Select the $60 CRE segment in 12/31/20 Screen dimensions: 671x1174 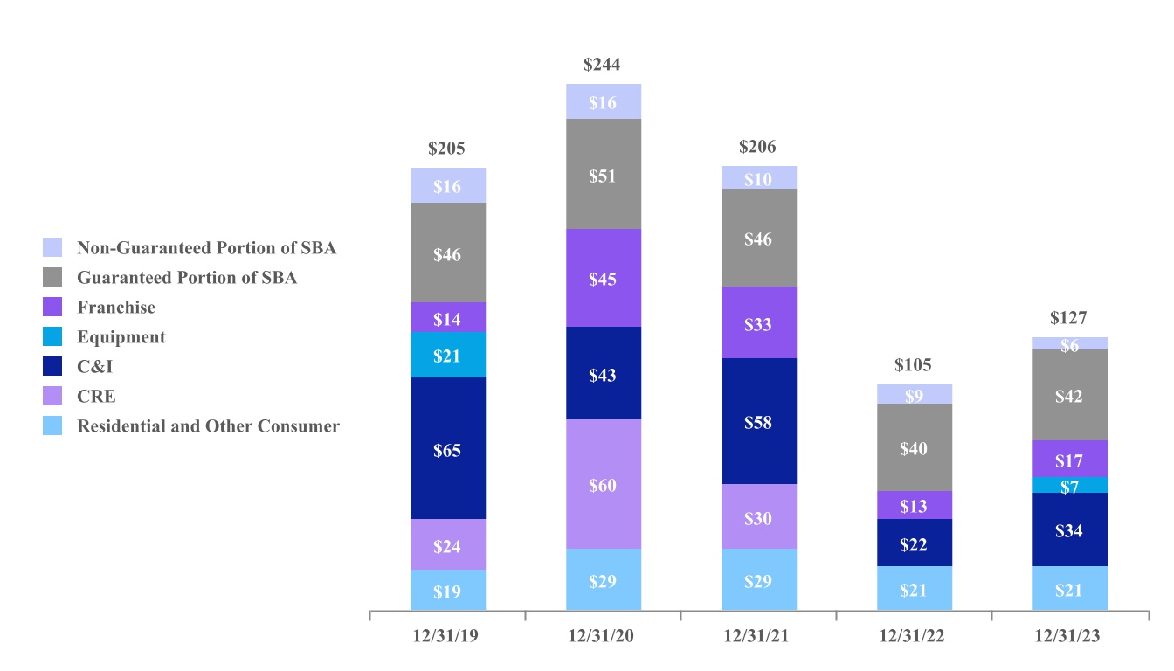(x=604, y=484)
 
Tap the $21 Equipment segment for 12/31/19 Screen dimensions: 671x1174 (x=448, y=355)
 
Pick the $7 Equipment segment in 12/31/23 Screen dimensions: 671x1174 (x=1070, y=485)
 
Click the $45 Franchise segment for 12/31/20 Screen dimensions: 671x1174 (x=604, y=278)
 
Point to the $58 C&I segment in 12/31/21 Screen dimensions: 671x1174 (x=759, y=421)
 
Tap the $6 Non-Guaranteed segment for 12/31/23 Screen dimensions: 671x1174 (x=1070, y=343)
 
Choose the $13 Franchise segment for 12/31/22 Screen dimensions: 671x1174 (x=915, y=505)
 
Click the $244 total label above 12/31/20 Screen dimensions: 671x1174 (x=604, y=65)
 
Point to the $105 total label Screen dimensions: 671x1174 (x=915, y=365)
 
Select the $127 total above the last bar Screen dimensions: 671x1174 (x=1070, y=318)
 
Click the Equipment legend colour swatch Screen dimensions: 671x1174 (x=53, y=337)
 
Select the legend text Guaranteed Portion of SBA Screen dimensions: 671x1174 (x=187, y=278)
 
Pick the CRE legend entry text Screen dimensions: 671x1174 (x=96, y=397)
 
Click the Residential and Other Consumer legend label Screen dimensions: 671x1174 (x=208, y=426)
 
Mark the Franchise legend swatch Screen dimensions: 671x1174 (x=53, y=308)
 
